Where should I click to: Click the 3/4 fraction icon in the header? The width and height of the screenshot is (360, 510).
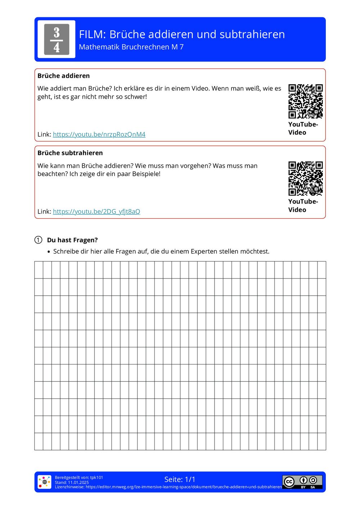pyautogui.click(x=57, y=39)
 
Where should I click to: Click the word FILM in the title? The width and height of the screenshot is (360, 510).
pyautogui.click(x=92, y=35)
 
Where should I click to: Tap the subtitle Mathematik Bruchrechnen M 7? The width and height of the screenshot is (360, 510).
pyautogui.click(x=131, y=47)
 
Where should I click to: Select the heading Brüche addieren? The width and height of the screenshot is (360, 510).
pyautogui.click(x=63, y=76)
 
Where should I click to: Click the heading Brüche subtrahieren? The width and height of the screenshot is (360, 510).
pyautogui.click(x=70, y=153)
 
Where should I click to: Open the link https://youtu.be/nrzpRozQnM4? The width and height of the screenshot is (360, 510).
pyautogui.click(x=99, y=134)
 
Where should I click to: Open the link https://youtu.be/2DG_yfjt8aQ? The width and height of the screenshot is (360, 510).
pyautogui.click(x=96, y=211)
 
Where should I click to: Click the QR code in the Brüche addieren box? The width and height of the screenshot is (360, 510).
pyautogui.click(x=305, y=101)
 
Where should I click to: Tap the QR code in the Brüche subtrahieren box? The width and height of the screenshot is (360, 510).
pyautogui.click(x=305, y=178)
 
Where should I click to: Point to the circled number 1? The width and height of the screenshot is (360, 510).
pyautogui.click(x=38, y=240)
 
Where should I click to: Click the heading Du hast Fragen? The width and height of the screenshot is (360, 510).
pyautogui.click(x=72, y=240)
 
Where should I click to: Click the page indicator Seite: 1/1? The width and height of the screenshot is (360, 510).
pyautogui.click(x=180, y=479)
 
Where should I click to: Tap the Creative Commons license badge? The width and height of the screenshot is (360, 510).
pyautogui.click(x=302, y=482)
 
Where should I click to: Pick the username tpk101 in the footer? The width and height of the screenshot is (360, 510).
pyautogui.click(x=96, y=478)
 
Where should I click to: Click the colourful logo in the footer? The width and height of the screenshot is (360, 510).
pyautogui.click(x=45, y=482)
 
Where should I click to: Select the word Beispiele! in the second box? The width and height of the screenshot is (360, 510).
pyautogui.click(x=146, y=174)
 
